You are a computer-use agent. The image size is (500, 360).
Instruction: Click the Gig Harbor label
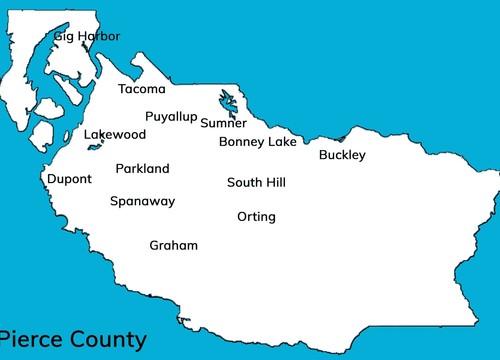[x=87, y=37]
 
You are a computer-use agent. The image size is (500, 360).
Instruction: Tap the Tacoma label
[x=142, y=89]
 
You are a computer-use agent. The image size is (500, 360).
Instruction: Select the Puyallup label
[x=171, y=117]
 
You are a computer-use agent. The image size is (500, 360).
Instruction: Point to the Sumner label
[x=223, y=124]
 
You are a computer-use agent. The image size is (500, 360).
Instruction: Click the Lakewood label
[x=115, y=135]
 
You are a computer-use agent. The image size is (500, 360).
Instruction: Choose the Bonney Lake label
[x=257, y=142]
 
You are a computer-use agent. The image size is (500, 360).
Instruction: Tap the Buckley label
[x=342, y=155]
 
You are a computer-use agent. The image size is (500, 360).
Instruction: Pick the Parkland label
[x=142, y=169]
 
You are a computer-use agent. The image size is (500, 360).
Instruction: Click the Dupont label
[x=69, y=179]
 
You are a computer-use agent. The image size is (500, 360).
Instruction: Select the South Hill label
[x=256, y=183]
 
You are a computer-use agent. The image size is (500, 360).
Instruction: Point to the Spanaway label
[x=142, y=201]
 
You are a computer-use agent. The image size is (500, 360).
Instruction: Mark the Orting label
[x=256, y=217]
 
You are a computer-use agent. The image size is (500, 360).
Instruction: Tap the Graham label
[x=174, y=246]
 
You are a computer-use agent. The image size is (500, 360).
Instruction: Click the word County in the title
[x=107, y=340]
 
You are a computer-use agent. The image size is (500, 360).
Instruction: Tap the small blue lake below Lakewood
[x=95, y=147]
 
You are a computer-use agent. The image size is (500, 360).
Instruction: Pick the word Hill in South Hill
[x=273, y=183]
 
